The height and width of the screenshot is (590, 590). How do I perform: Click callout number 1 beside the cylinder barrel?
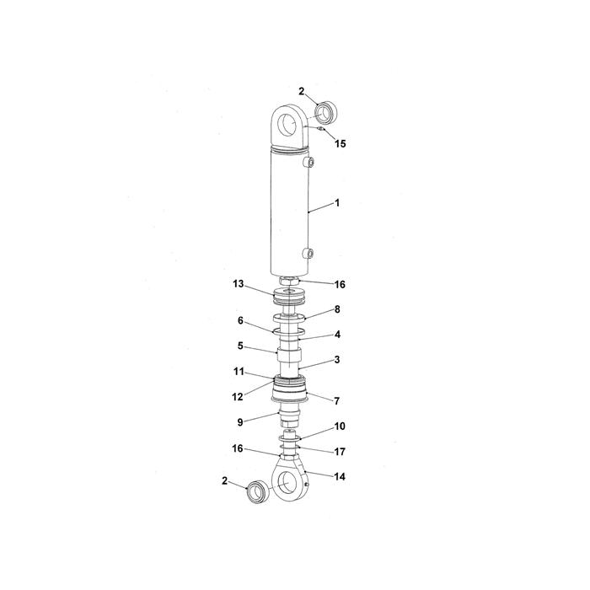(x=337, y=203)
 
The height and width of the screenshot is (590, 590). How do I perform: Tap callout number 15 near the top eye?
(x=341, y=144)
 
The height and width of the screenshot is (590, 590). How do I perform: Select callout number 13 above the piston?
(x=239, y=284)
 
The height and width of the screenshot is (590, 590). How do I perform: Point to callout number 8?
(x=337, y=309)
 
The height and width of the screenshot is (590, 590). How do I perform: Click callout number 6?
(x=240, y=320)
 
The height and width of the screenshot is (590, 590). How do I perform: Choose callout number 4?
(x=337, y=334)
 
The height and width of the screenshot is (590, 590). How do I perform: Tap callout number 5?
(x=240, y=346)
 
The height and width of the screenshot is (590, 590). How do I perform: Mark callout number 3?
(x=337, y=360)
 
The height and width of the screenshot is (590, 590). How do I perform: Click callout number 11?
(x=239, y=372)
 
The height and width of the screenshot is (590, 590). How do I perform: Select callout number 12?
(x=238, y=397)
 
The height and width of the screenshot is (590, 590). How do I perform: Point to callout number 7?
(x=337, y=401)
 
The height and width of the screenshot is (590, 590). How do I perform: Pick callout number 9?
(x=240, y=422)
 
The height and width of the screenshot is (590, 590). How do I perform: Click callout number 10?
(x=340, y=426)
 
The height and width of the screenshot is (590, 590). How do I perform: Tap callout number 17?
(x=340, y=452)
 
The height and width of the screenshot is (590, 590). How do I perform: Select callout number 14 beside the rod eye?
(x=340, y=477)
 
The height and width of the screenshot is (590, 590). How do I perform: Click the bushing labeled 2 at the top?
(x=326, y=112)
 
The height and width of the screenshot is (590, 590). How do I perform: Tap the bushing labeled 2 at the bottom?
(x=258, y=491)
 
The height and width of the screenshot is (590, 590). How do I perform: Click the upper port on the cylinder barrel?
(x=308, y=162)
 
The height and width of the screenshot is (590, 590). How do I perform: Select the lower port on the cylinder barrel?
(x=308, y=253)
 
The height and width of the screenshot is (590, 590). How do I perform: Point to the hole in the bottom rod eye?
(x=287, y=482)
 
